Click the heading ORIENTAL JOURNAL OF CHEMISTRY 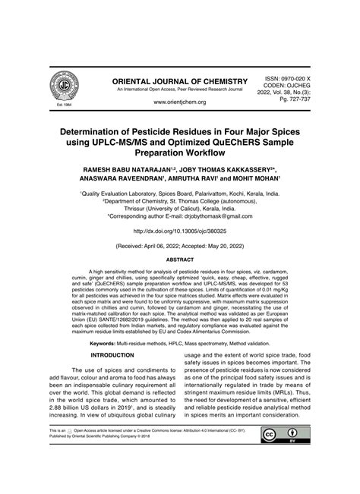coord(179,81)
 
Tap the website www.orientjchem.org coord(180,101)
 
